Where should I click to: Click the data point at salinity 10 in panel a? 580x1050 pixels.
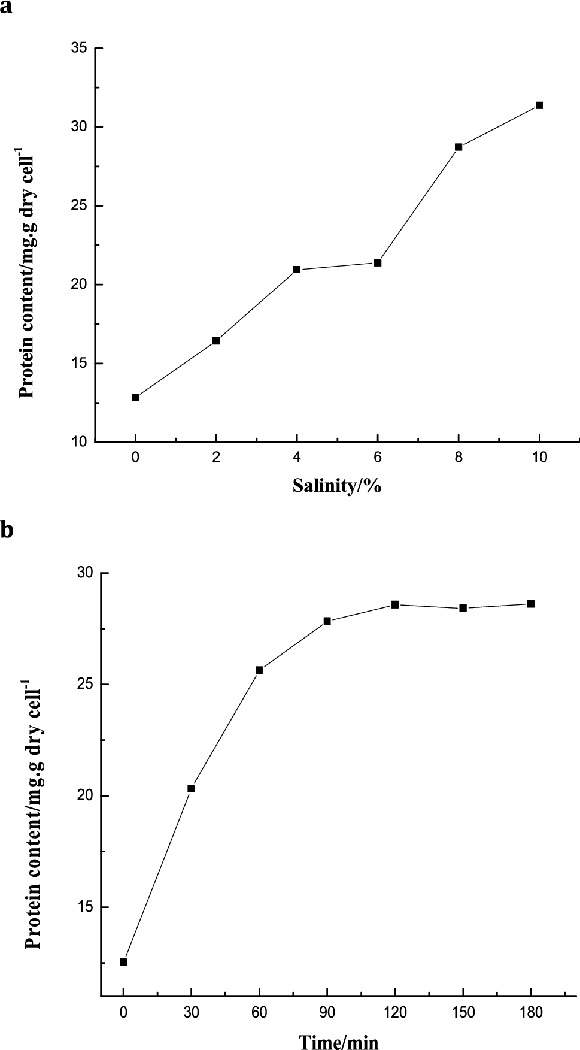(x=539, y=105)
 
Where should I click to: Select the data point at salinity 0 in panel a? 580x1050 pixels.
(x=135, y=397)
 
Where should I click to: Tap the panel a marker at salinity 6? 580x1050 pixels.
(x=378, y=263)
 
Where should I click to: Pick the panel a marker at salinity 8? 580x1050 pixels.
(x=458, y=147)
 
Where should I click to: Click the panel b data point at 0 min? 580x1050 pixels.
(x=123, y=962)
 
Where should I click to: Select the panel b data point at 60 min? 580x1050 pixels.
(x=259, y=670)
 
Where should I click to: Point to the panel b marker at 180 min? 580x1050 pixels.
(x=531, y=604)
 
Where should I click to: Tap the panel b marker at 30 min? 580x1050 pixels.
(x=191, y=788)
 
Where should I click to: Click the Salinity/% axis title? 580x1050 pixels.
(x=337, y=485)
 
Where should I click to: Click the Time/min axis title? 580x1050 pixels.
(x=339, y=1039)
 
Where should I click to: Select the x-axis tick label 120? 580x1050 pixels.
(x=395, y=1012)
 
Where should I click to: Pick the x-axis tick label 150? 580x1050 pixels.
(x=463, y=1012)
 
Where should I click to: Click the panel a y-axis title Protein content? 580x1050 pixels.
(x=28, y=264)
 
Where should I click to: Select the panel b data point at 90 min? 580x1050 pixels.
(x=327, y=621)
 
